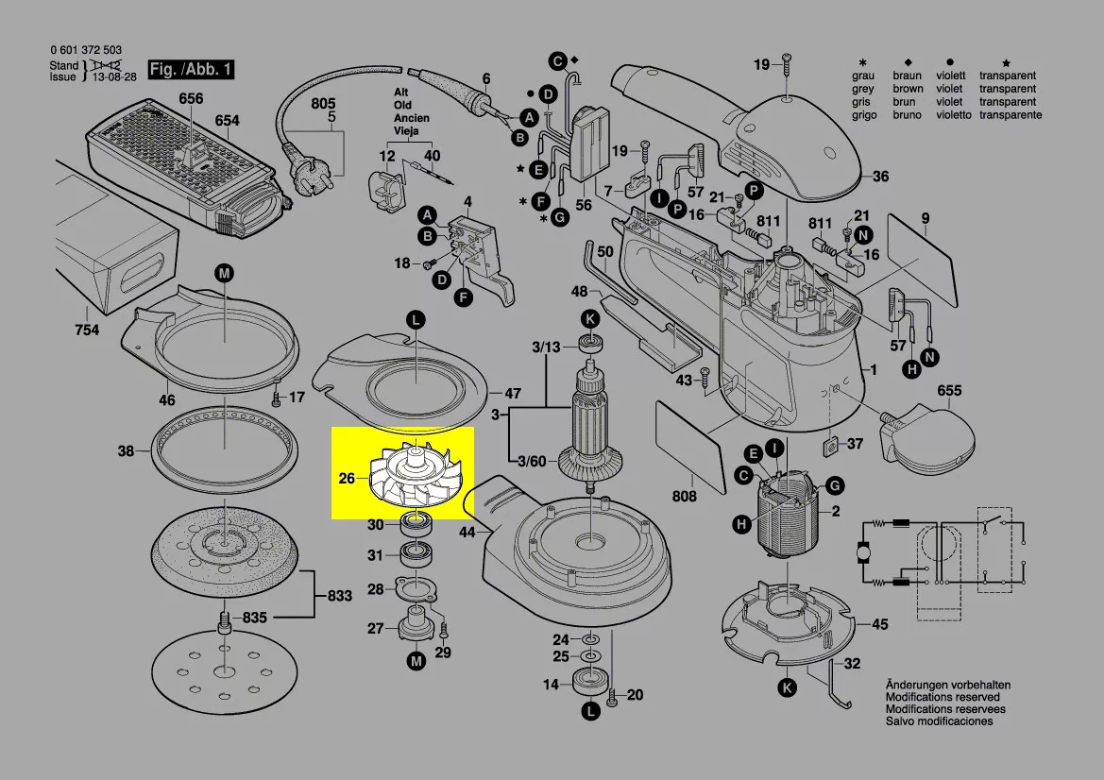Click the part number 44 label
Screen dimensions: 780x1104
pos(467,533)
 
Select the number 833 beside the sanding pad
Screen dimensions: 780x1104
pos(339,596)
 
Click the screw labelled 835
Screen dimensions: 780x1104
pos(225,624)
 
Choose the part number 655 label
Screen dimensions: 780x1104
pos(949,390)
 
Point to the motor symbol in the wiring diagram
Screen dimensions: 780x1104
pos(864,553)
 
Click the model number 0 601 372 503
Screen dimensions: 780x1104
pos(85,50)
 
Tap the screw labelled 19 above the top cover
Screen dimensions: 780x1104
pos(787,68)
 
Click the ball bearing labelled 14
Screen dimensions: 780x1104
pos(591,682)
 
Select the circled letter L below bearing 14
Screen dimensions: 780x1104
pos(591,710)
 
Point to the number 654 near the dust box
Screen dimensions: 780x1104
pos(227,120)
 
